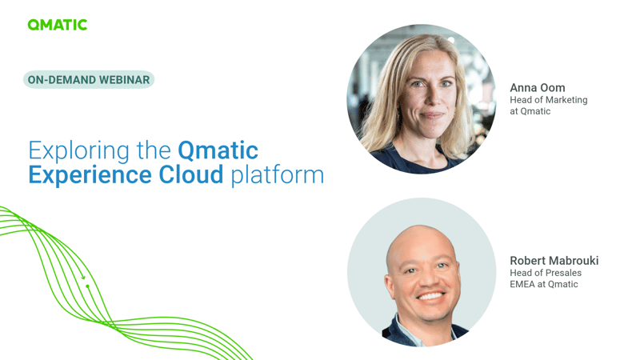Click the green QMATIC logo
coord(57,25)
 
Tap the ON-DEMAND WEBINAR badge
coord(89,80)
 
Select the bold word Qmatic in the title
coord(218,150)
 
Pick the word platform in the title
coord(277,175)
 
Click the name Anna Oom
coord(537,87)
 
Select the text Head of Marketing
coord(548,100)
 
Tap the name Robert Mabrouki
coord(554,261)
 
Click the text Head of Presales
coord(545,273)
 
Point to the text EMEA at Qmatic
coord(543,284)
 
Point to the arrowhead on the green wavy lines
coord(83,278)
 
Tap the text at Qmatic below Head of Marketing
coord(530,111)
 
